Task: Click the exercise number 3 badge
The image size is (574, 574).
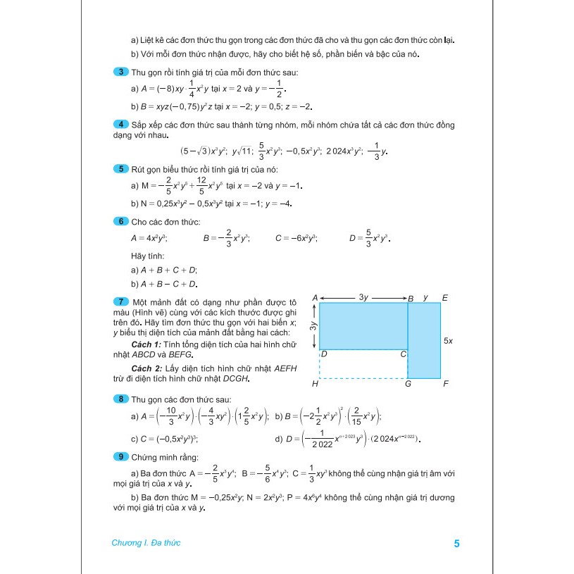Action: coord(120,73)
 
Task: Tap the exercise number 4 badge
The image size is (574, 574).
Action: coord(120,125)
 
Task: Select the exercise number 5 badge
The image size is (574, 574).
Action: coord(120,168)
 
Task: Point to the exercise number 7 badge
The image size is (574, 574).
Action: coord(120,301)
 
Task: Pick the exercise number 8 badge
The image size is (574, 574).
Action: coord(120,399)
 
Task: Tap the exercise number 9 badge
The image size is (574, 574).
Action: coord(120,457)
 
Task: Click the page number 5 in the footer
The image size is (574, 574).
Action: coord(457,544)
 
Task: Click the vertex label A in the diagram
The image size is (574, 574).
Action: coord(315,298)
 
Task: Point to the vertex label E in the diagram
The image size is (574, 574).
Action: coord(445,298)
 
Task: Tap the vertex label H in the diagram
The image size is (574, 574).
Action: coord(315,385)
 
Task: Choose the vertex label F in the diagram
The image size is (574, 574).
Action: coord(445,385)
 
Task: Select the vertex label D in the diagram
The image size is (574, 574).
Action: coord(323,354)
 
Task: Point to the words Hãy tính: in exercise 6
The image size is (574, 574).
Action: coord(146,256)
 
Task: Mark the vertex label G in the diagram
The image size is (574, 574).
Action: coord(408,385)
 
